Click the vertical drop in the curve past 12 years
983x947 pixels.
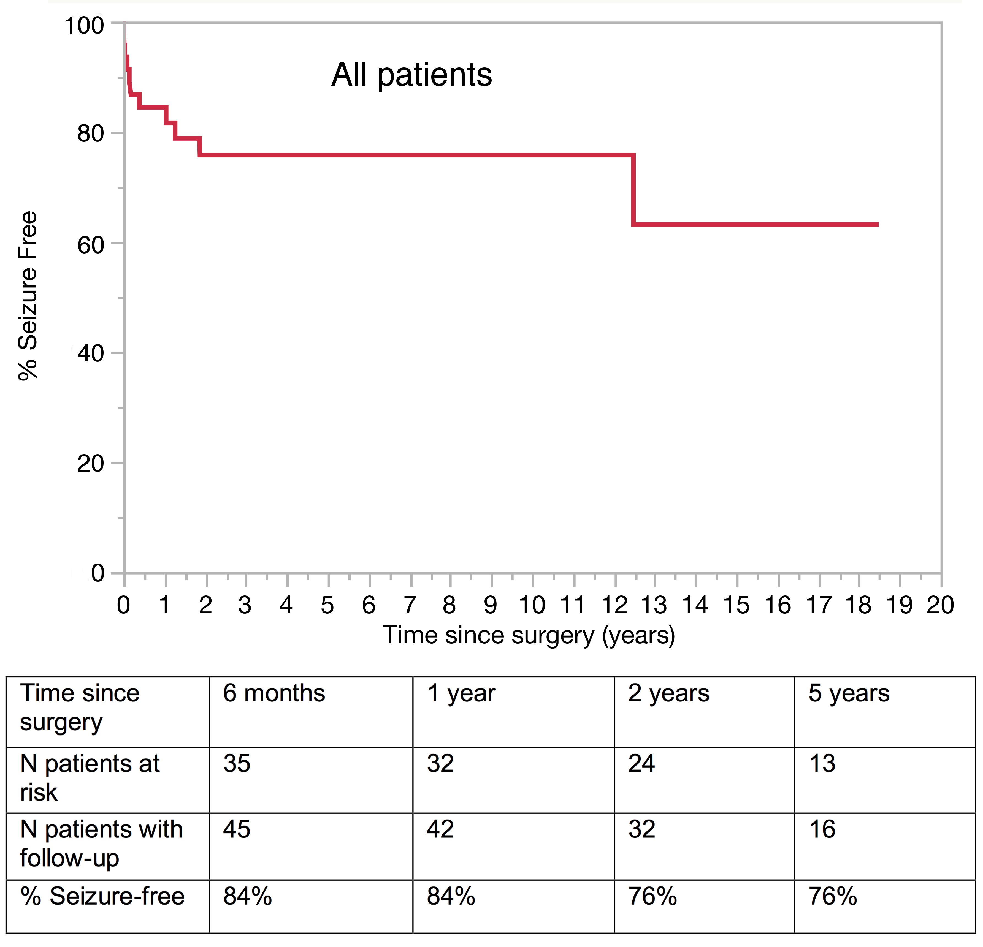(633, 189)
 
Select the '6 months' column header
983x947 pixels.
(274, 693)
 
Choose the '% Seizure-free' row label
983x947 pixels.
(102, 896)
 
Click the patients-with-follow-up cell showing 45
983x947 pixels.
(237, 829)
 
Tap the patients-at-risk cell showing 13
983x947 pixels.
(822, 763)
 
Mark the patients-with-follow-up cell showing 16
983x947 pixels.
(822, 829)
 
